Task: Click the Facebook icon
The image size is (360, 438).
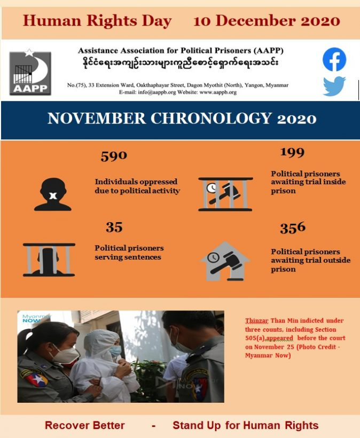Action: point(334,60)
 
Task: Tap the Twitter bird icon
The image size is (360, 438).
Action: point(334,87)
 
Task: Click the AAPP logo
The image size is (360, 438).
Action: point(30,73)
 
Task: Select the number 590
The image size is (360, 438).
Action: point(114,156)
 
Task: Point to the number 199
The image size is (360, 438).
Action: point(292,153)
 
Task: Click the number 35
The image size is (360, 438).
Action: point(114,228)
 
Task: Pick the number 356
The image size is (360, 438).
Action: point(293,228)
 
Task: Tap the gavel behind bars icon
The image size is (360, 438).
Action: point(225,194)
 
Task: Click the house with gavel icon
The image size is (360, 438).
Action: point(225,262)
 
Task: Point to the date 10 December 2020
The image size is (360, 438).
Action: point(267,21)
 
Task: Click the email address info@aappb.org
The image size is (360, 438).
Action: point(161,92)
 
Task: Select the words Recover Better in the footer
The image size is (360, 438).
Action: point(84,426)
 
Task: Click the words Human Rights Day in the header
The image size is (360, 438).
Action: point(97,21)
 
